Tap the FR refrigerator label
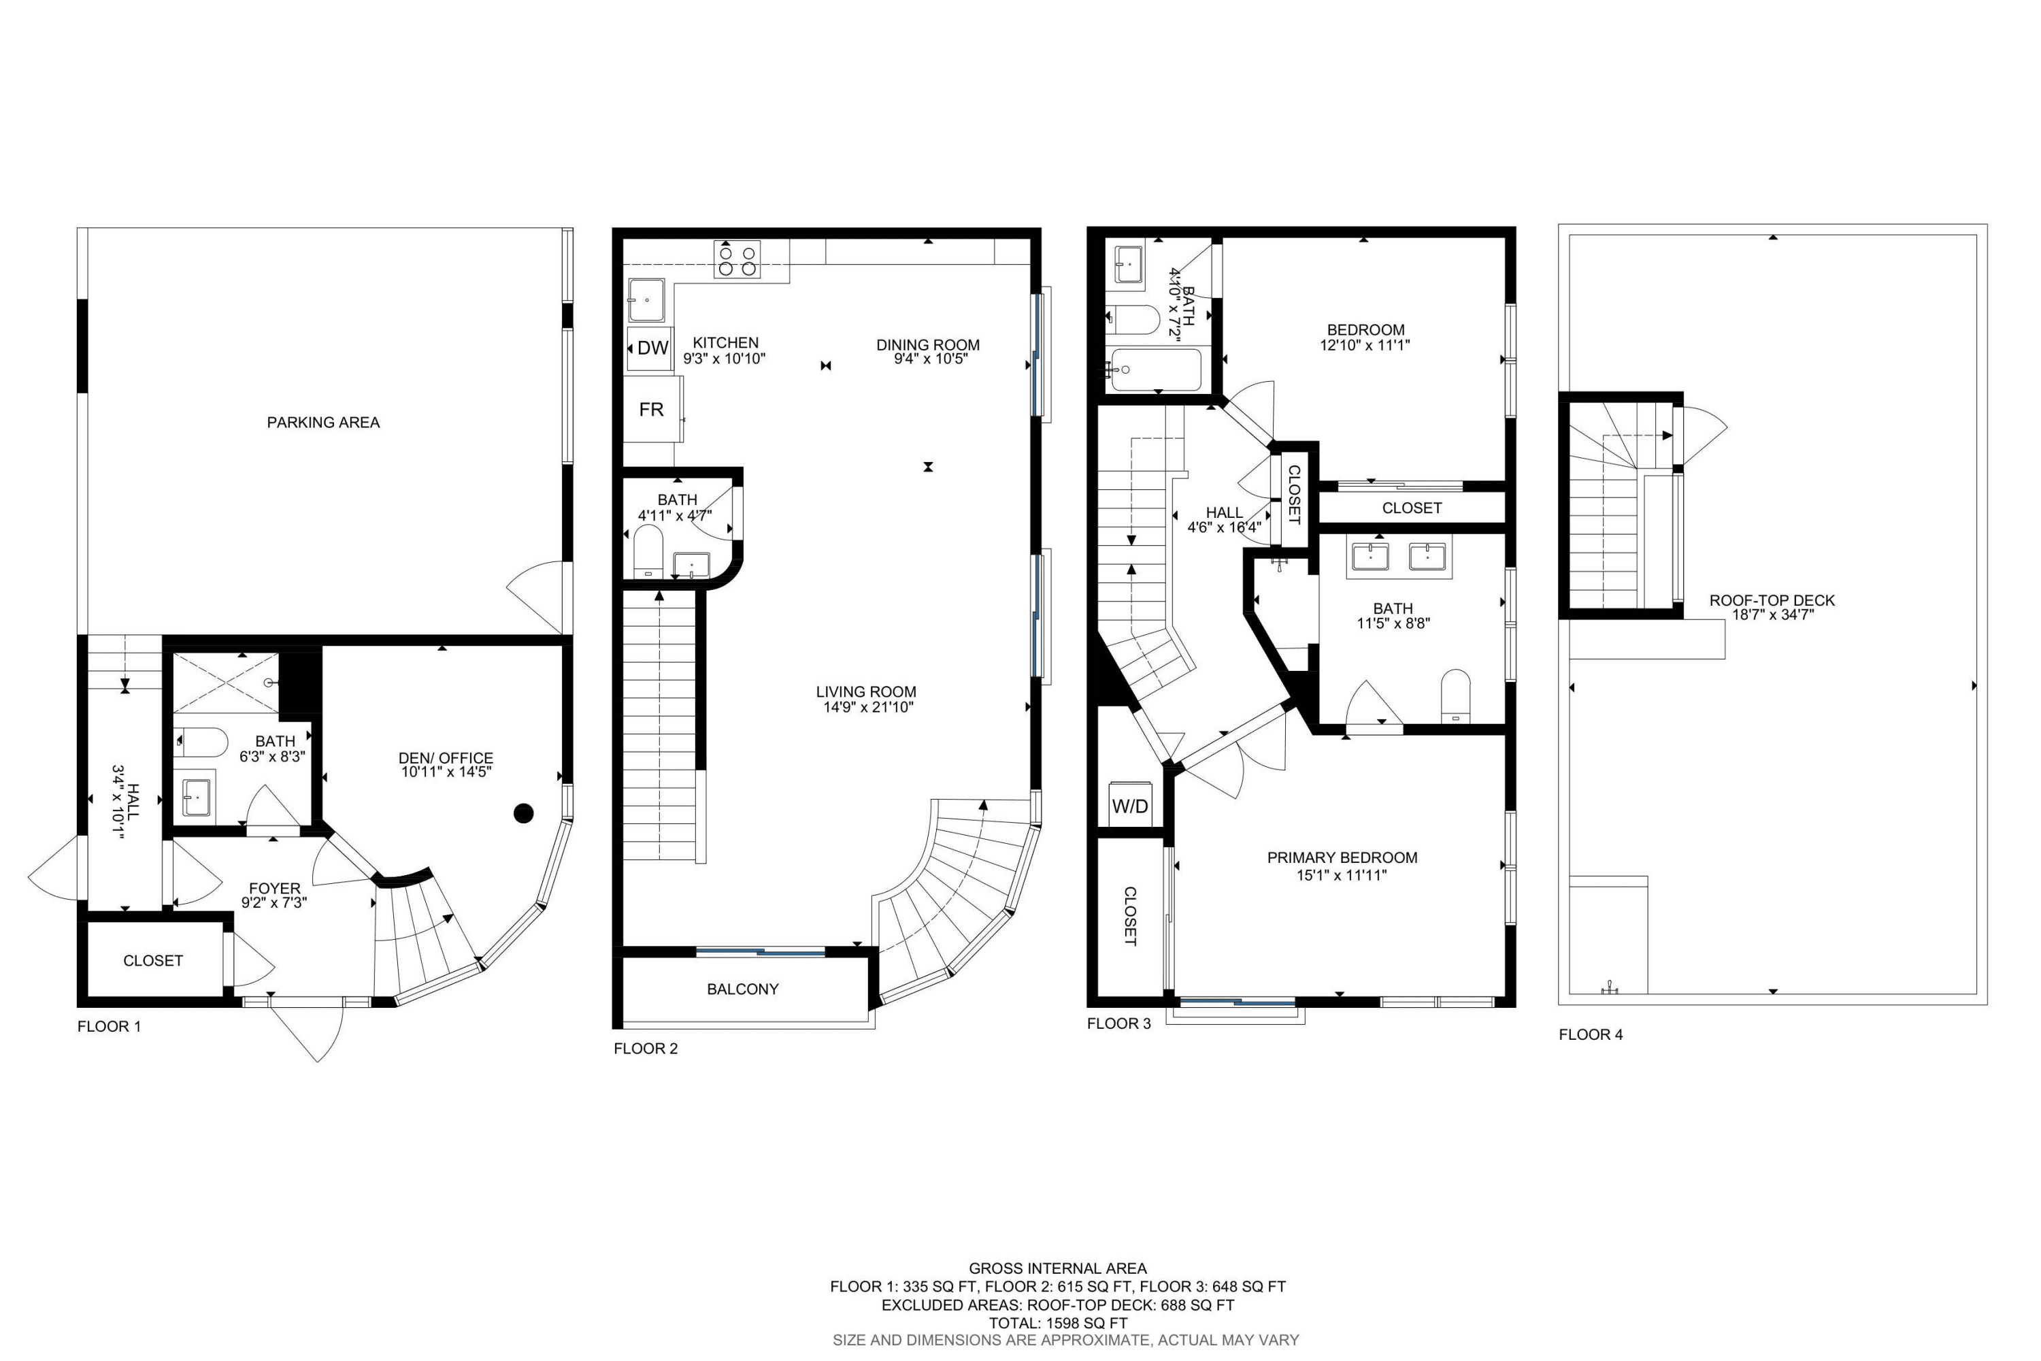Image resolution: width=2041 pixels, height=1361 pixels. tap(651, 410)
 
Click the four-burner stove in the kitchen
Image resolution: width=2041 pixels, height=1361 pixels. tap(737, 259)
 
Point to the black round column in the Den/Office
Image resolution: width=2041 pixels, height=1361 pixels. tap(523, 813)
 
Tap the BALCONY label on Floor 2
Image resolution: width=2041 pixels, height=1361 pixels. tap(743, 989)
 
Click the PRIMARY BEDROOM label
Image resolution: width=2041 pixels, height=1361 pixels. tap(1342, 857)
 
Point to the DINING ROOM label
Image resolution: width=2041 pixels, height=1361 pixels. tap(928, 344)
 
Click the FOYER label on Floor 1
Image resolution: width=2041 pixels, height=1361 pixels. tap(274, 888)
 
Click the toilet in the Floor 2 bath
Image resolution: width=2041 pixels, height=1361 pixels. tap(648, 551)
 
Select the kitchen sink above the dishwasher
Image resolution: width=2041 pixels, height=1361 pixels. tap(646, 299)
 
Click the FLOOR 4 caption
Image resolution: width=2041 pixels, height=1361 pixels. tap(1591, 1034)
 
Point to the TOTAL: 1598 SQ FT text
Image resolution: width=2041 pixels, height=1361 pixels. tap(1058, 1323)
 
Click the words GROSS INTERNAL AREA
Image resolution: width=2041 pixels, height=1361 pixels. tap(1058, 1268)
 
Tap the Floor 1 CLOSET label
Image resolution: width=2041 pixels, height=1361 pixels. tap(152, 960)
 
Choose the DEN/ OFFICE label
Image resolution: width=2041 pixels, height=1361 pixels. tap(446, 758)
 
